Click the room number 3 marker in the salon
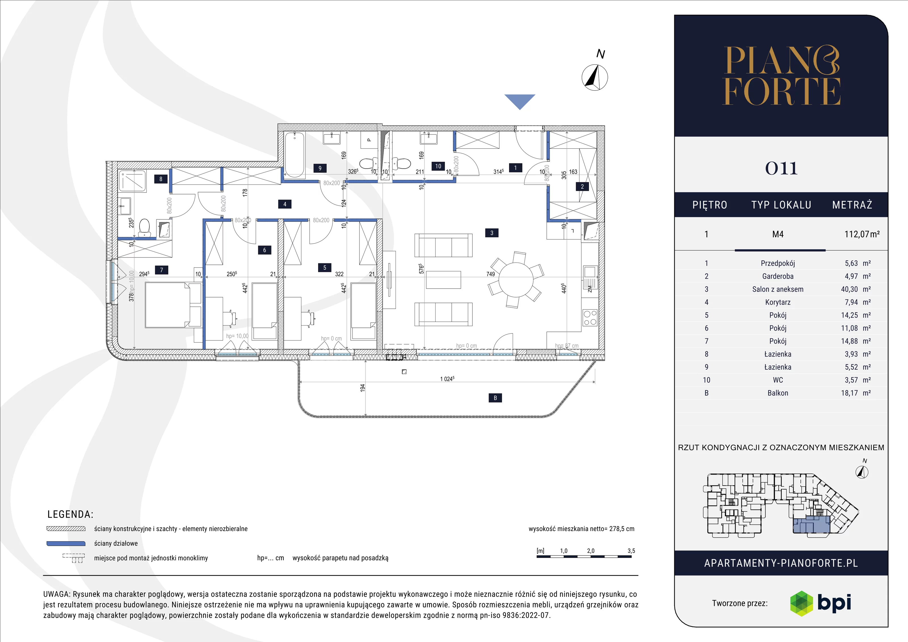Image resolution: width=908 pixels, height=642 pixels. pos(491,233)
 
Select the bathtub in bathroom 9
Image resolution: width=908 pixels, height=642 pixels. pos(295,155)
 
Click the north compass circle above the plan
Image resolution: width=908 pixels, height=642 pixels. pos(595,77)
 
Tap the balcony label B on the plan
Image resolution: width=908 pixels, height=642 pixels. pos(495,398)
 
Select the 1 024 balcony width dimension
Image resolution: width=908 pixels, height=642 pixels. pos(447,379)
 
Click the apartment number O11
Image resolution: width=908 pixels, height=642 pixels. pos(781,169)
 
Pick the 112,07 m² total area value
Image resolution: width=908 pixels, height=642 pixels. pos(862,234)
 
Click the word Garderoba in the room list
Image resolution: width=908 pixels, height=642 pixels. pos(777,276)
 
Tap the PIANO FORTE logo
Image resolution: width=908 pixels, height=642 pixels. pos(781,75)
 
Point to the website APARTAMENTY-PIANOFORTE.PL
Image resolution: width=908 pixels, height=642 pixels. pos(781,563)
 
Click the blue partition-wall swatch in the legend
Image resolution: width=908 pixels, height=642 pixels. pos(66,544)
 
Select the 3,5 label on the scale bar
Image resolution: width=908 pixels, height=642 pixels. pos(631,551)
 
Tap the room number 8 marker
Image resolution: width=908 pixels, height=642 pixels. pos(161,179)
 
